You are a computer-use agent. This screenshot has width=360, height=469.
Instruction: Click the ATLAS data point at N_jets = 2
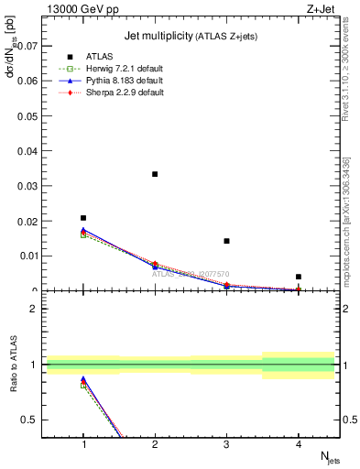(155, 174)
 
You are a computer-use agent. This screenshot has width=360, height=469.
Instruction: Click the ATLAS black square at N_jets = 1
(83, 218)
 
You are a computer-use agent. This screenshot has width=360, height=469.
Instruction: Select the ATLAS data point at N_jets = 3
(226, 241)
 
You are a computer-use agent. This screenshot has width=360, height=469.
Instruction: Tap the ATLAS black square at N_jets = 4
(299, 277)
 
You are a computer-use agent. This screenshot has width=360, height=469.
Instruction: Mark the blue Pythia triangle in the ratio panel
(83, 379)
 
